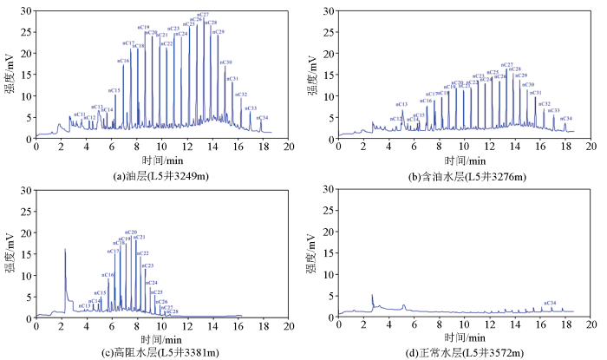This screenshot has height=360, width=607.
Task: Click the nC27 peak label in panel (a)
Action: [203, 15]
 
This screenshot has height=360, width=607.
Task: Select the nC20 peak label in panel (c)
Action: [131, 232]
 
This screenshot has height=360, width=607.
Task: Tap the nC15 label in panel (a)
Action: [114, 90]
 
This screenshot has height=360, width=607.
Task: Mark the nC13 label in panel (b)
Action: [401, 104]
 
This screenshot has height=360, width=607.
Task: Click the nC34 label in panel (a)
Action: [263, 117]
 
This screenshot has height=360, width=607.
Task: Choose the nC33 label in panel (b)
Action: [554, 110]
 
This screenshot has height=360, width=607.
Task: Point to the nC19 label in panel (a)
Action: [143, 28]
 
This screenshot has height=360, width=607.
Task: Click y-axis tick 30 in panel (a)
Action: [28, 10]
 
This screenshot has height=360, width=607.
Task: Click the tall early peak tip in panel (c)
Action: [65, 250]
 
